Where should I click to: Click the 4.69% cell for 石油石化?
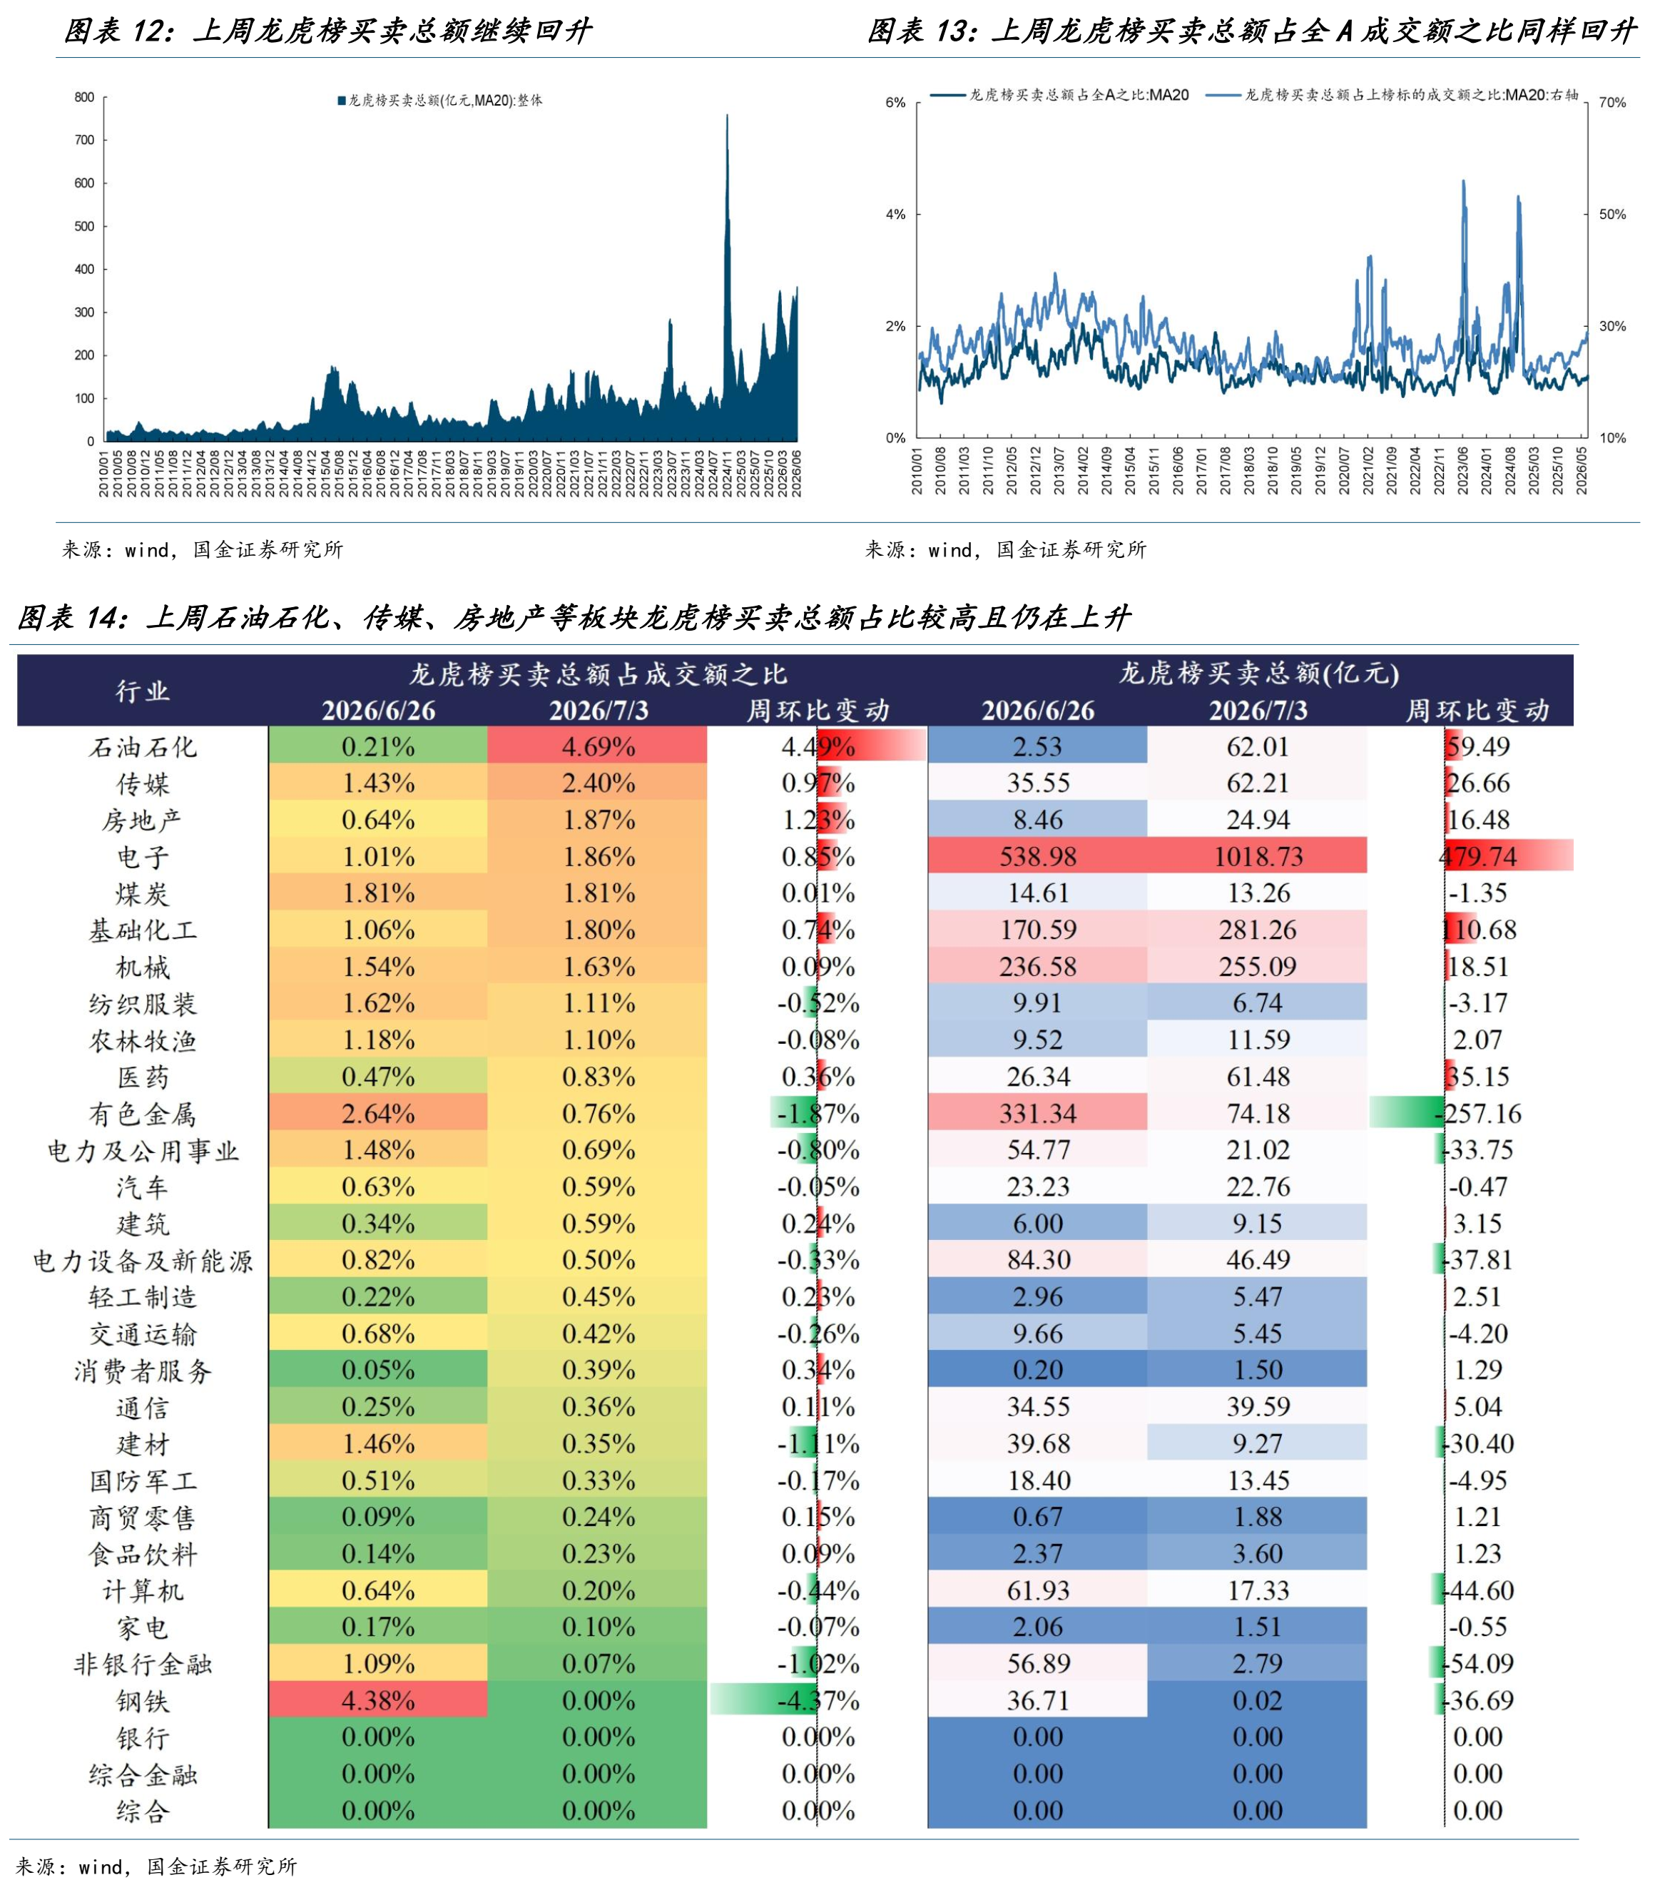click(x=598, y=746)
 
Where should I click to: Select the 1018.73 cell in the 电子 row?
click(x=1257, y=855)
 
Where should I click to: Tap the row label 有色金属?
click(x=143, y=1114)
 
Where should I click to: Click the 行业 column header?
click(x=143, y=691)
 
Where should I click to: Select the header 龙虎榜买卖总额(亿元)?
click(x=1258, y=674)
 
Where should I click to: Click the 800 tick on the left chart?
click(x=85, y=98)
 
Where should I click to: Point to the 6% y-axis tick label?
click(x=895, y=103)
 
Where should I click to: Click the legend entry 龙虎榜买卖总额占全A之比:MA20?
click(x=1060, y=95)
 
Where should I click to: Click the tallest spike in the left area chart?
click(x=727, y=116)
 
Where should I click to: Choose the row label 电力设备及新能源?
click(x=143, y=1260)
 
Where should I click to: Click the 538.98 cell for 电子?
click(x=1037, y=855)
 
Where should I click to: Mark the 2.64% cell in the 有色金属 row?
click(x=378, y=1113)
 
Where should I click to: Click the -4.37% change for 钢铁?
click(x=818, y=1701)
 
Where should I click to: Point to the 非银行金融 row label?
click(x=143, y=1664)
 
